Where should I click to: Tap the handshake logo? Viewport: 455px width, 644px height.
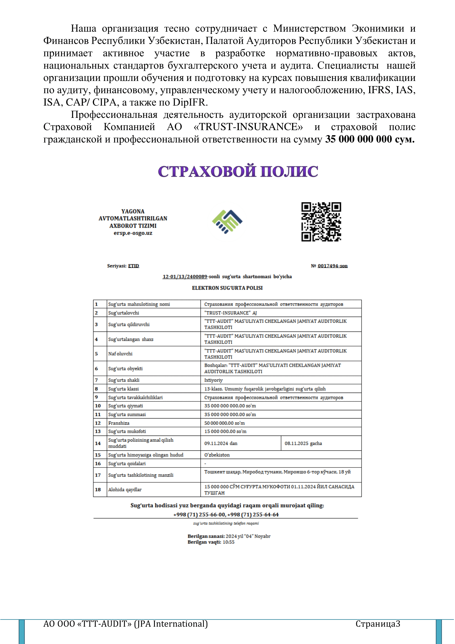227,221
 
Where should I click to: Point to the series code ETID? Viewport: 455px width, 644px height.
134,266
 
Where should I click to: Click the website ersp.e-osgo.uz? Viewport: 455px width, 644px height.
133,233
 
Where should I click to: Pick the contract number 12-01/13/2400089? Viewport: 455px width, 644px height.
185,276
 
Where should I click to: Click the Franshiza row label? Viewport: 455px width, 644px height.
119,423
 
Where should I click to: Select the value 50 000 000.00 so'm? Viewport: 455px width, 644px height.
224,423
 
